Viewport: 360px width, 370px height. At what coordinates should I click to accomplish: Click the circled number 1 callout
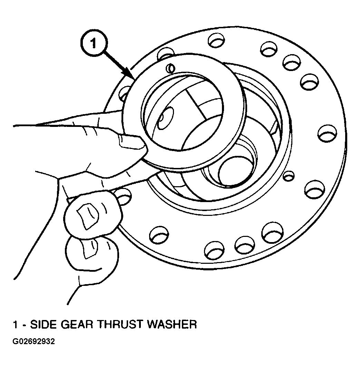point(94,43)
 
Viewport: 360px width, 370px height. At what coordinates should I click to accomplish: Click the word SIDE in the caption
point(44,324)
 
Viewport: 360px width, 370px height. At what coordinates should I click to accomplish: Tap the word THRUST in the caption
point(121,324)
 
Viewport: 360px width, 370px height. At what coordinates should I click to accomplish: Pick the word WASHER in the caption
point(172,324)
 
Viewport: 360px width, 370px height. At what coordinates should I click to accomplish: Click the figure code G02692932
point(33,341)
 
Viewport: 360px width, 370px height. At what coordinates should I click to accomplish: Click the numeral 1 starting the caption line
point(16,324)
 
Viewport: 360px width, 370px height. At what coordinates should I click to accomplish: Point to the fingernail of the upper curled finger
point(87,216)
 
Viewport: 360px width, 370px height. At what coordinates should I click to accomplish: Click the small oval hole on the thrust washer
point(170,68)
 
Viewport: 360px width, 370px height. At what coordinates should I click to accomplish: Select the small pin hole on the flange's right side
point(289,176)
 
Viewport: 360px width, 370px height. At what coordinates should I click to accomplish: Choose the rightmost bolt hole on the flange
point(327,133)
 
